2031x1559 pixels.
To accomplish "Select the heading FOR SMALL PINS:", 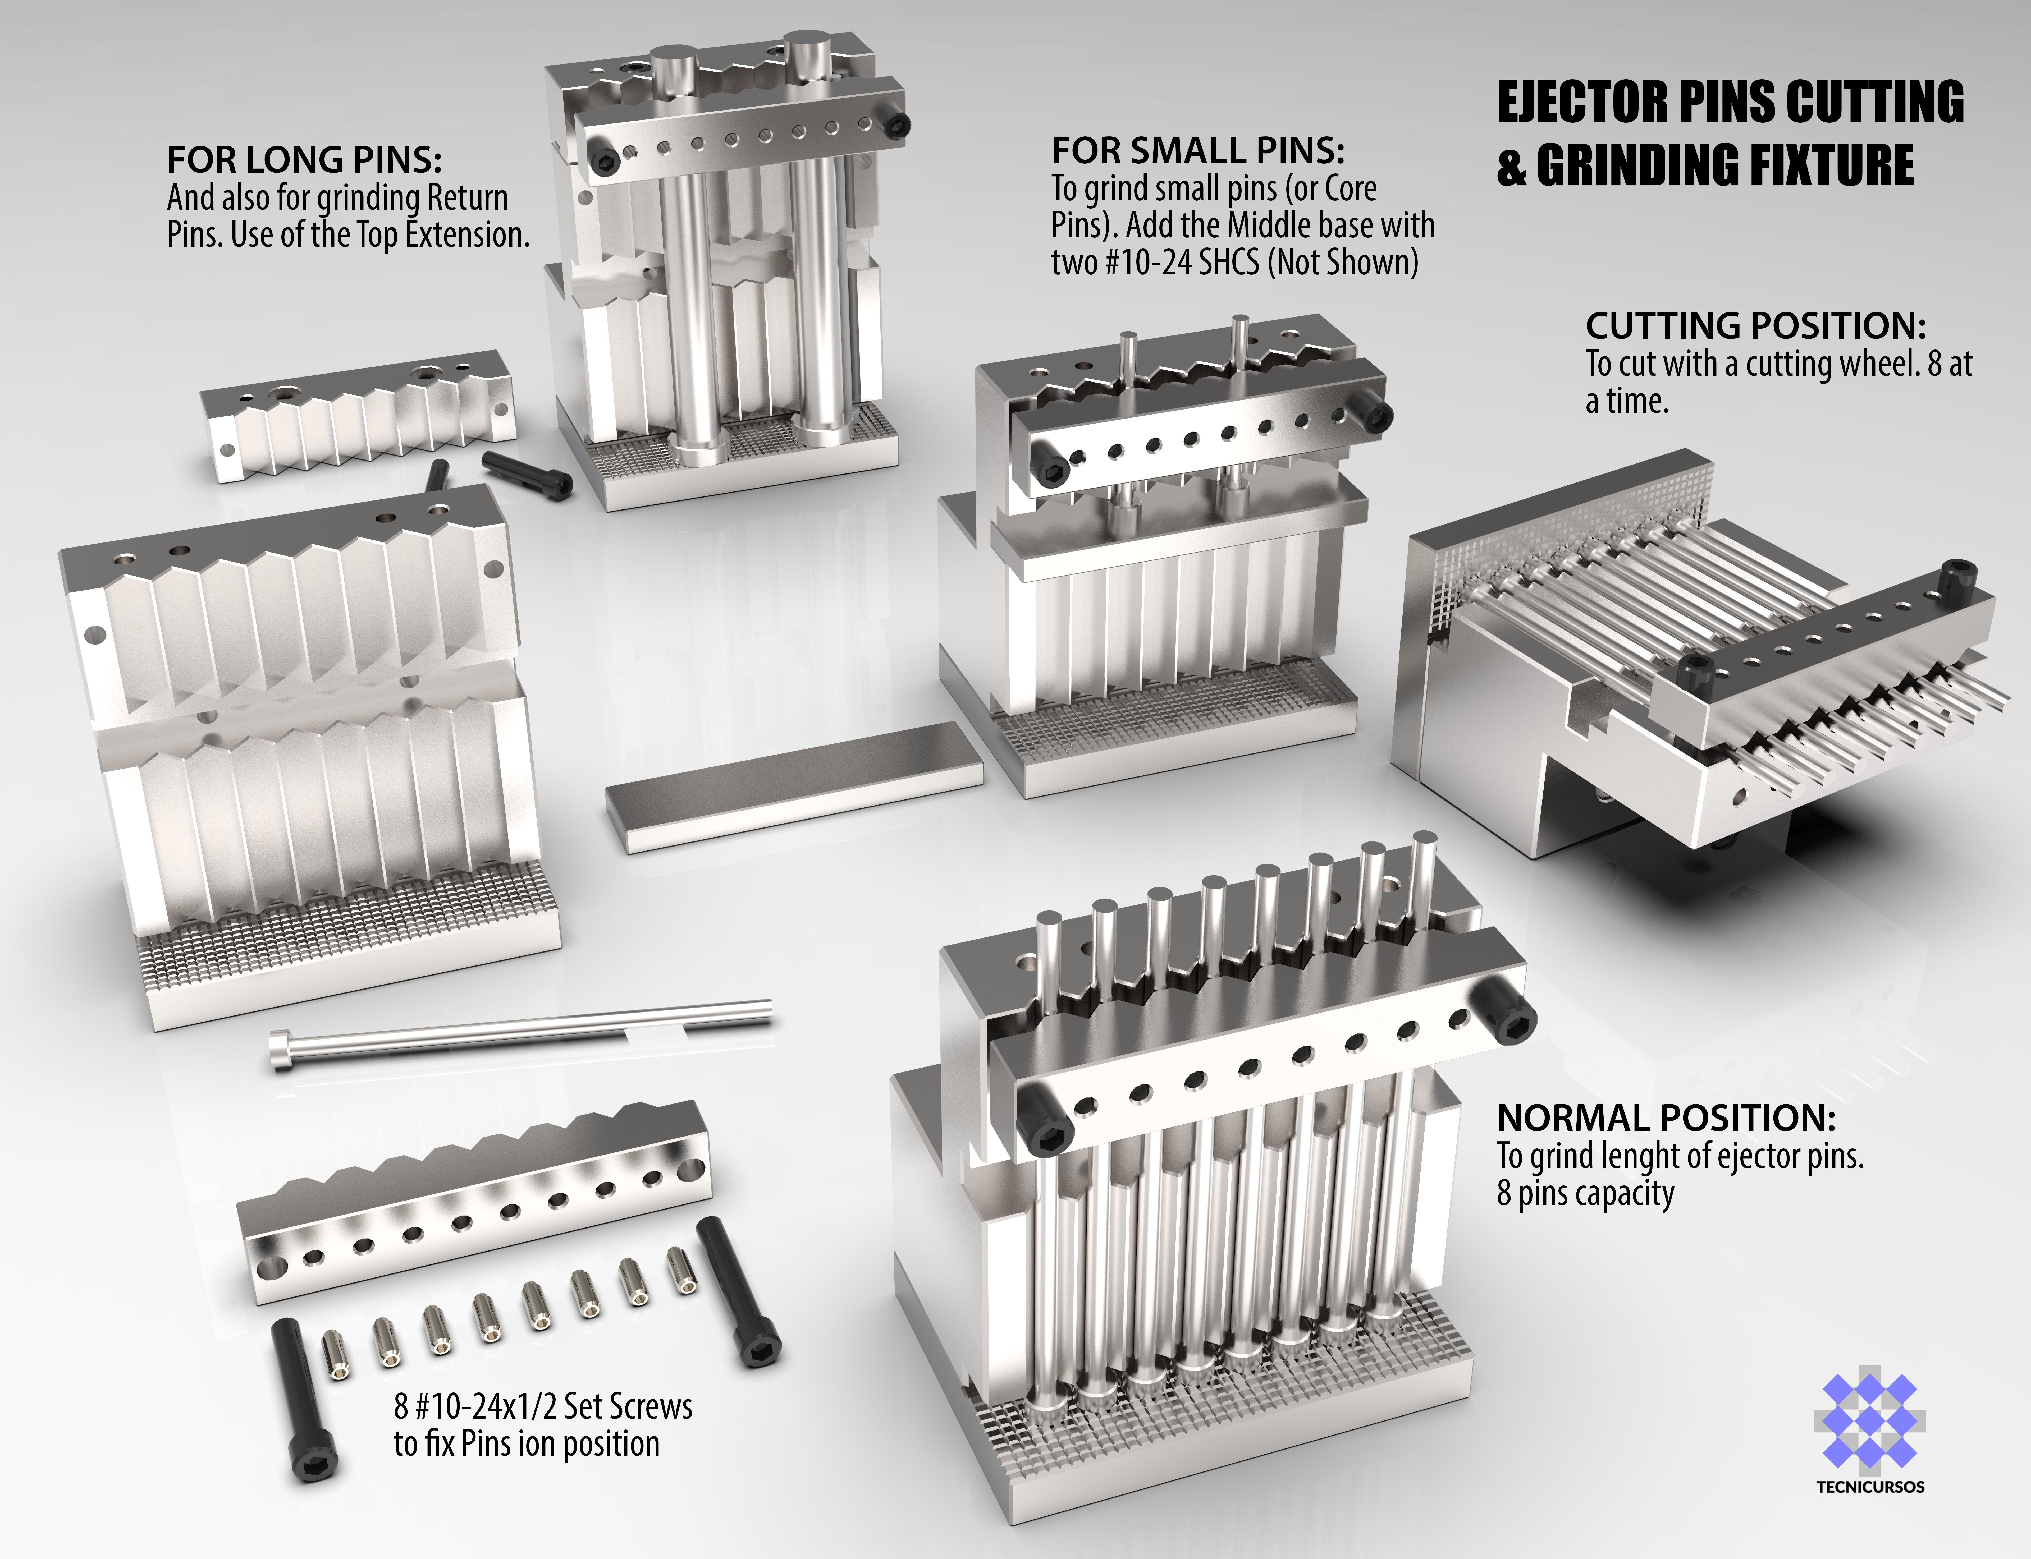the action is click(1197, 150).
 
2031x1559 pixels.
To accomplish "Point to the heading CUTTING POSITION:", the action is click(1755, 326).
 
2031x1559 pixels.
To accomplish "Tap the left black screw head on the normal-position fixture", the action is click(1046, 1121).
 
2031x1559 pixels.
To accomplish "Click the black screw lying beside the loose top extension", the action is click(526, 474).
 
